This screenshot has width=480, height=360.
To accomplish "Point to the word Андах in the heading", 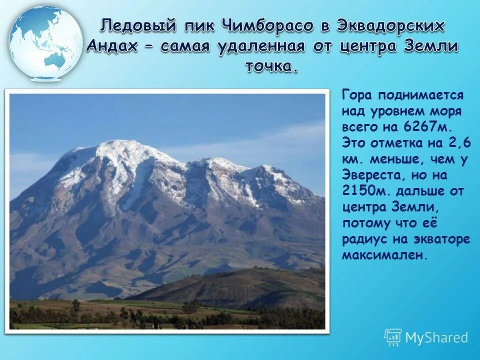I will click(116, 46).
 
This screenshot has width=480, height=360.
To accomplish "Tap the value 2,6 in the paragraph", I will click(459, 143).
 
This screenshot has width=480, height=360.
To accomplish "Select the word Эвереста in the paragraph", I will click(370, 175).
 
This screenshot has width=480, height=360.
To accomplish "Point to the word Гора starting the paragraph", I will click(358, 95).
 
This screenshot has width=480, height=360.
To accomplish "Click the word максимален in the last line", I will click(385, 254).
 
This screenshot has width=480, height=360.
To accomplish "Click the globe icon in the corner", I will click(45, 43).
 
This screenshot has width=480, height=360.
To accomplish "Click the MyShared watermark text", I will click(436, 337).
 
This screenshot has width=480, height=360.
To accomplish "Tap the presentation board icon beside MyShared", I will click(393, 337).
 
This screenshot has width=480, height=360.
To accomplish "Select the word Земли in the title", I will click(429, 46).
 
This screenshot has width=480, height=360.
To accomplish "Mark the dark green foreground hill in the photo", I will click(240, 285).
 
